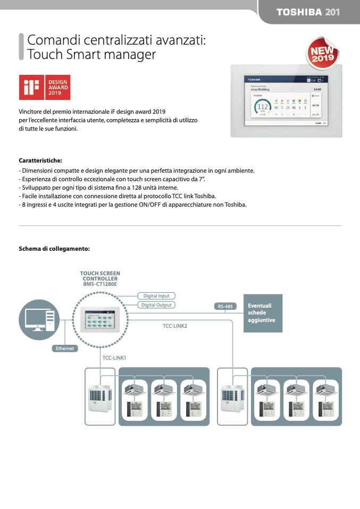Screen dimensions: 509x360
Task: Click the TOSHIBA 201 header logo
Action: coord(308,12)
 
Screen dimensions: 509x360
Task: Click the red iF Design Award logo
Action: coord(45,88)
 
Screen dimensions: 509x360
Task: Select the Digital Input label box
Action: coord(156,295)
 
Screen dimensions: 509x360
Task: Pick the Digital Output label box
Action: coord(156,305)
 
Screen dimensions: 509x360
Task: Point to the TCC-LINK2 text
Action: coord(175,326)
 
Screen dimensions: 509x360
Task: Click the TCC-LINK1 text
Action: coord(114,358)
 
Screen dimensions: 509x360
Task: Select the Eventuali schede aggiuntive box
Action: coord(263,313)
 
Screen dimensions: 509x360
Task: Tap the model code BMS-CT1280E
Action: coord(100,284)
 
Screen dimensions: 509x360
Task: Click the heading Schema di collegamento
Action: coord(54,248)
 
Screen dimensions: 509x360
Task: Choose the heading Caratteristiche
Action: coord(40,160)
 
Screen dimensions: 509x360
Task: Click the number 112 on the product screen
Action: coord(262,107)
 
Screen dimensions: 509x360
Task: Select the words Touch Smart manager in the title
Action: coord(91,54)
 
